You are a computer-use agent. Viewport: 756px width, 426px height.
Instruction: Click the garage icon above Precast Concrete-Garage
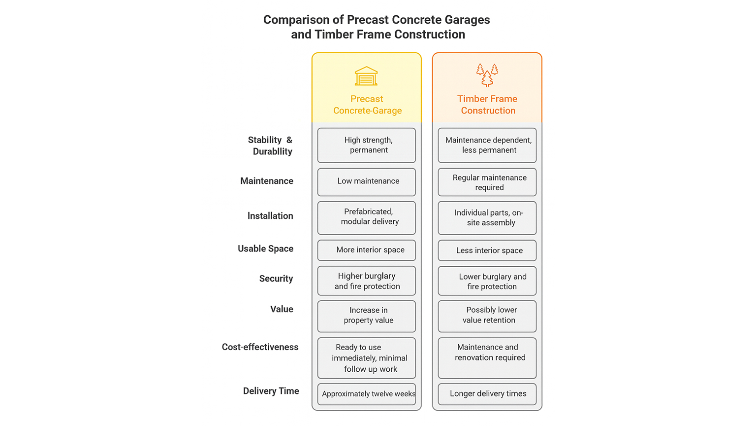coord(366,76)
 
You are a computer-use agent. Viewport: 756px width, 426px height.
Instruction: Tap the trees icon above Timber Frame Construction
coord(487,75)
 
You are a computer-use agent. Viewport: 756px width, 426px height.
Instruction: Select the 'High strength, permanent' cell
coord(367,145)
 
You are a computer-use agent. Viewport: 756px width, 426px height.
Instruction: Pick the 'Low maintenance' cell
coord(367,181)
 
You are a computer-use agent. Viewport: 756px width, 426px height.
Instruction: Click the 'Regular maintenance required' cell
coord(487,182)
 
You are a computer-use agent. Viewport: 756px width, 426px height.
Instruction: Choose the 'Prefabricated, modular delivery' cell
coord(367,217)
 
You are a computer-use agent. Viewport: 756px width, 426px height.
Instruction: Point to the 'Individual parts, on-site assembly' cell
coord(487,218)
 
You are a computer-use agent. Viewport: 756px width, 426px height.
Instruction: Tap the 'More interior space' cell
coord(367,250)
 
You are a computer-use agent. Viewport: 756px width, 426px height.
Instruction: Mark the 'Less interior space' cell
coord(487,250)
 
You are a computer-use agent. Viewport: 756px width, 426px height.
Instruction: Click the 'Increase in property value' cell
coord(367,316)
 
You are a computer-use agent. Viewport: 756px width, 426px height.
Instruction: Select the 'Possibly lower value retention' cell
coord(487,316)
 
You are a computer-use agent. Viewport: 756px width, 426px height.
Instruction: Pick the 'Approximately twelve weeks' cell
coord(367,394)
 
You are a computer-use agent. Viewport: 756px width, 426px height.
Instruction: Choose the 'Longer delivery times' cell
coord(487,394)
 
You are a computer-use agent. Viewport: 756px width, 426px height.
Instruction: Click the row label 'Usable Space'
coord(265,249)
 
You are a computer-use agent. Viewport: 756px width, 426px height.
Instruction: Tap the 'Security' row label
coord(276,279)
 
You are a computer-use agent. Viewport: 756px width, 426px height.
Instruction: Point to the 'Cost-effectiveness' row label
coord(260,347)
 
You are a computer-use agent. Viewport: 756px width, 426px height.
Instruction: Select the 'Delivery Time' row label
coord(271,391)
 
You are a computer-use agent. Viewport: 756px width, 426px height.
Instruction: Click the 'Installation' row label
coord(270,216)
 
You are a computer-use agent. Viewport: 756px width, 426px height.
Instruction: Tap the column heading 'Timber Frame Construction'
coord(487,105)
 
